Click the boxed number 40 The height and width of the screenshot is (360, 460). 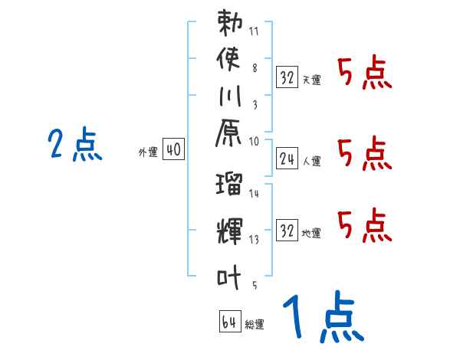173,151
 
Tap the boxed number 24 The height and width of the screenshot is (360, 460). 287,159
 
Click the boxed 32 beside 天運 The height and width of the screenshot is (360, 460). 287,77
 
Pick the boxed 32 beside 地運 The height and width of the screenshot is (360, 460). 287,230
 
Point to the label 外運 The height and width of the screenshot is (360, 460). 148,153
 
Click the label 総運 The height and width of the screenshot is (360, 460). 255,325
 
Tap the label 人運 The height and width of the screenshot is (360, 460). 312,162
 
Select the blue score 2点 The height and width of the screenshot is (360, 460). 75,146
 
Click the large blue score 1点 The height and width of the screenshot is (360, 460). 322,318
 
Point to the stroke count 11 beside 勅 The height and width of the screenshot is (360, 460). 255,33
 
